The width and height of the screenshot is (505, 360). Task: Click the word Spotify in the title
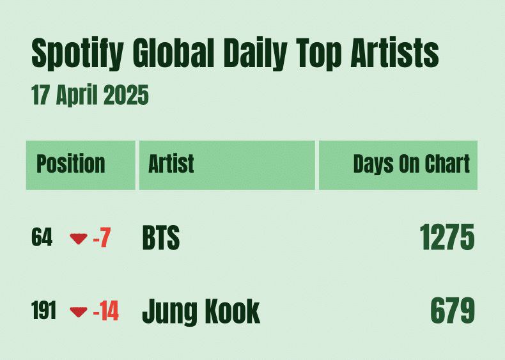click(77, 54)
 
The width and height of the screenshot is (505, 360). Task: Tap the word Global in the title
click(174, 52)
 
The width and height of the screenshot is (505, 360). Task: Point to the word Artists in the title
click(394, 52)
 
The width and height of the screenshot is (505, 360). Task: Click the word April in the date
click(77, 96)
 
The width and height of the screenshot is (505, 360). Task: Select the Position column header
click(71, 164)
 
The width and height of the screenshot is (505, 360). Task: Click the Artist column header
click(171, 164)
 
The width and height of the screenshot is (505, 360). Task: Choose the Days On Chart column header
click(411, 164)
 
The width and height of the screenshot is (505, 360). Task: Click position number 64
click(42, 237)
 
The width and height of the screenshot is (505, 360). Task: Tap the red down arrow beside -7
click(79, 239)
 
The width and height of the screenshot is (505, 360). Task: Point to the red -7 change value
click(102, 237)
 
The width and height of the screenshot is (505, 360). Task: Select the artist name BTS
click(160, 238)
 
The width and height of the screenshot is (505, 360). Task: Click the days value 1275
click(447, 237)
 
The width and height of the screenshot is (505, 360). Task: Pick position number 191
click(44, 310)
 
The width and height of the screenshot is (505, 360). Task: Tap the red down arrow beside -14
click(79, 312)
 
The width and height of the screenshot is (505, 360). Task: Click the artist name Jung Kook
click(201, 311)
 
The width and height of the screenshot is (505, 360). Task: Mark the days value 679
click(452, 311)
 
